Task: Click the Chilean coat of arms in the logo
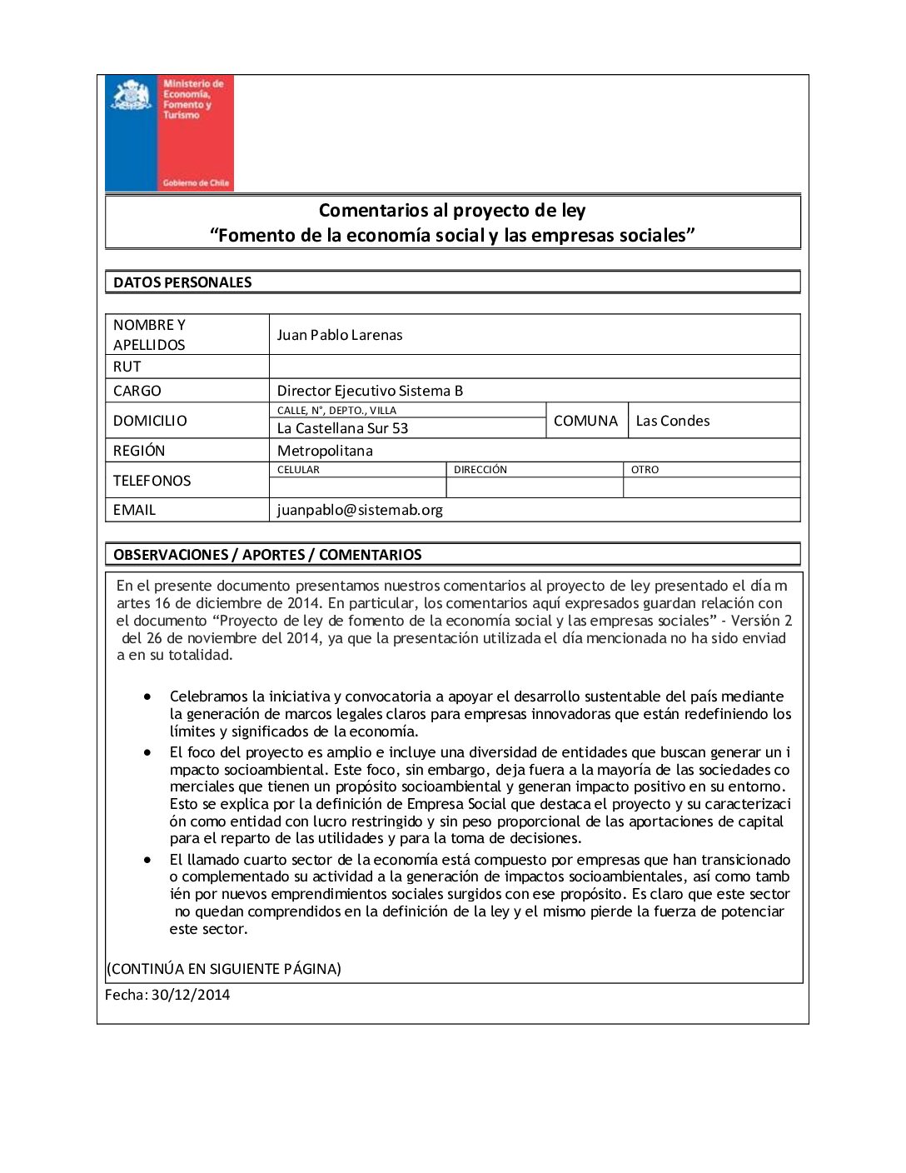pyautogui.click(x=132, y=95)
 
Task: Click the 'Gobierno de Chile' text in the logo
pyautogui.click(x=196, y=183)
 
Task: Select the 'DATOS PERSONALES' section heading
pyautogui.click(x=182, y=282)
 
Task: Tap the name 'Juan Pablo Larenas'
pyautogui.click(x=340, y=335)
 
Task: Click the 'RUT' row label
pyautogui.click(x=127, y=367)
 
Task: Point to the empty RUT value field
pyautogui.click(x=534, y=367)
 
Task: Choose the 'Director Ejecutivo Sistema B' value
pyautogui.click(x=370, y=391)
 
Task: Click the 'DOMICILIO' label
pyautogui.click(x=150, y=421)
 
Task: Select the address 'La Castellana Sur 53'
pyautogui.click(x=342, y=428)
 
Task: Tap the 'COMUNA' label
pyautogui.click(x=585, y=421)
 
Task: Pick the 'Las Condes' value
pyautogui.click(x=673, y=421)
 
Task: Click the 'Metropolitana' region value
pyautogui.click(x=325, y=451)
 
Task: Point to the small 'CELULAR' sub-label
pyautogui.click(x=298, y=470)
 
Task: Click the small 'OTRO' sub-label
pyautogui.click(x=645, y=470)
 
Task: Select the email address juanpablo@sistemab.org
pyautogui.click(x=360, y=510)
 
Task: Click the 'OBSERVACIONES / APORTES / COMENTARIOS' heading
pyautogui.click(x=267, y=555)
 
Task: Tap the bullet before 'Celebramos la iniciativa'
pyautogui.click(x=147, y=696)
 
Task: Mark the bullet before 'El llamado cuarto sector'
pyautogui.click(x=147, y=859)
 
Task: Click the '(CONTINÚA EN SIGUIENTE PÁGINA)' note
pyautogui.click(x=224, y=969)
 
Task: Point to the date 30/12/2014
pyautogui.click(x=190, y=995)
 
